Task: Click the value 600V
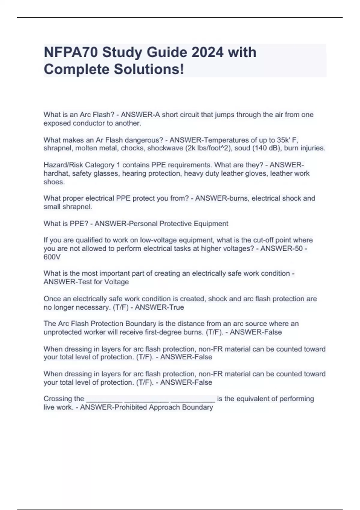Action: click(x=52, y=257)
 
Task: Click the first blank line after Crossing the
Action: click(x=104, y=399)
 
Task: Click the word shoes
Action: click(x=54, y=182)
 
